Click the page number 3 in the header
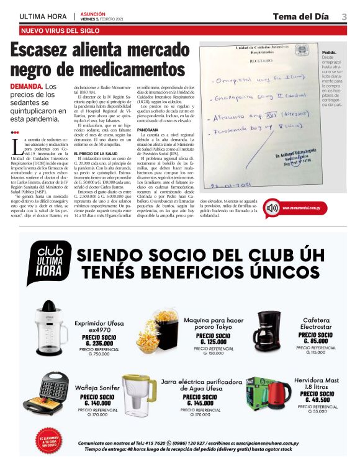(x=344, y=17)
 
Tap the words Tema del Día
(x=300, y=17)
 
